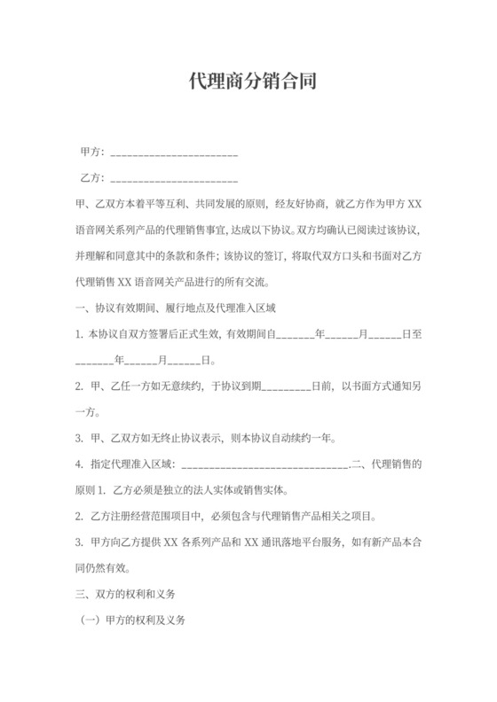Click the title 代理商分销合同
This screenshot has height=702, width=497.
pyautogui.click(x=248, y=82)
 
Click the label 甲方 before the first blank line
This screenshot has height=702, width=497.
pyautogui.click(x=90, y=152)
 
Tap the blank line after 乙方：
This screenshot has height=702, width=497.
pyautogui.click(x=172, y=178)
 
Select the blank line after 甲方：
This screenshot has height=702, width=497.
pyautogui.click(x=172, y=152)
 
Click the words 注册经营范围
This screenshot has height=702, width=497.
pyautogui.click(x=143, y=516)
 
